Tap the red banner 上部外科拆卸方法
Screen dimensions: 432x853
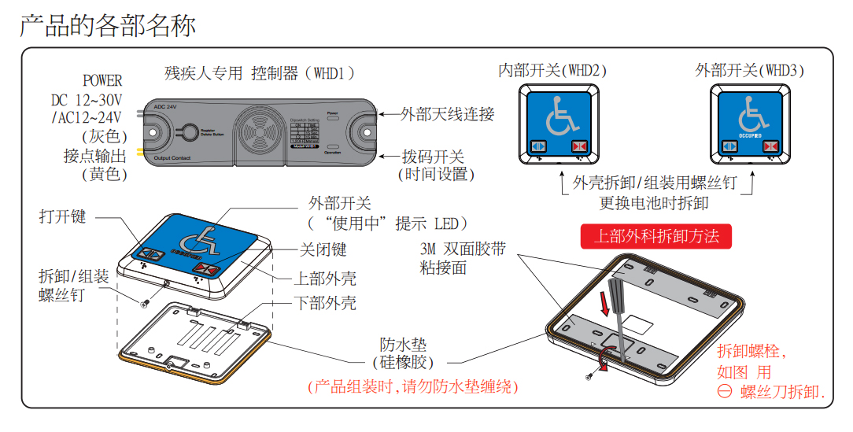(x=655, y=236)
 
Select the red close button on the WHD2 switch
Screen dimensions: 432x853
(x=581, y=146)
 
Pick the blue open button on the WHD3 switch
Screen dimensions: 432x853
(x=728, y=146)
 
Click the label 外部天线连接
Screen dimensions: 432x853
(x=447, y=114)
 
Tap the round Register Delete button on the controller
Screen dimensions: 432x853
(x=187, y=131)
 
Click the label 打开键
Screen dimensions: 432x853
(x=63, y=216)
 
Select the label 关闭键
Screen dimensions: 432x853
(x=323, y=249)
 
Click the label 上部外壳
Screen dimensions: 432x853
(x=325, y=279)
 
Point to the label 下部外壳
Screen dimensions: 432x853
(x=325, y=302)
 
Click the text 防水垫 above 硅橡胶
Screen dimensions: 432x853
(x=404, y=345)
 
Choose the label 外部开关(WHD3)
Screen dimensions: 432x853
(x=749, y=70)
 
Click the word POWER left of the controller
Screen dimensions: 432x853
(x=102, y=80)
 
